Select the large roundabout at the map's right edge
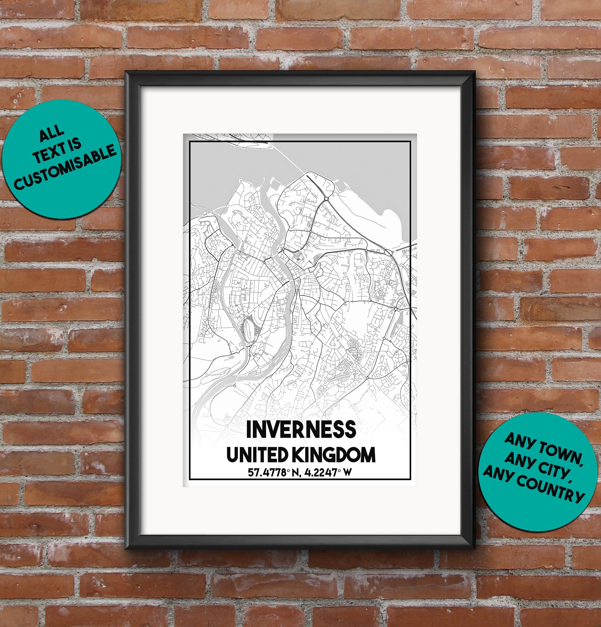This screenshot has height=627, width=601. (388, 252)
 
